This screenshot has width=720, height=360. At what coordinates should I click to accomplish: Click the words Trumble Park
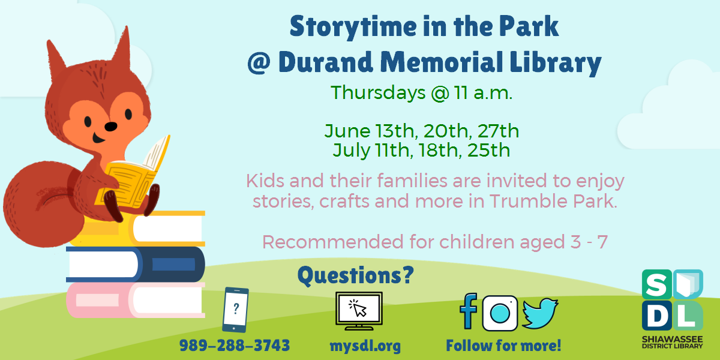(553, 201)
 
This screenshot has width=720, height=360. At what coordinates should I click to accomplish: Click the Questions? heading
(356, 275)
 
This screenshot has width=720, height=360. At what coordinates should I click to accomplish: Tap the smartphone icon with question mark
(235, 310)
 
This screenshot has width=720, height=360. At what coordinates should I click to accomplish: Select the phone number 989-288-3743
(235, 346)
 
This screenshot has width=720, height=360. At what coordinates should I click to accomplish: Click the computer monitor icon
(359, 311)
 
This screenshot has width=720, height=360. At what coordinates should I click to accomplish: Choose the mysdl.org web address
(365, 346)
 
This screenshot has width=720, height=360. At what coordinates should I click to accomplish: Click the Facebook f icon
(469, 312)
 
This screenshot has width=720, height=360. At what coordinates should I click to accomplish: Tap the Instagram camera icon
(500, 313)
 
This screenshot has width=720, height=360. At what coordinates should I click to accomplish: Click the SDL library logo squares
(672, 300)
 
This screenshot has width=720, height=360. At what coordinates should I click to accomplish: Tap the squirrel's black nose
(111, 127)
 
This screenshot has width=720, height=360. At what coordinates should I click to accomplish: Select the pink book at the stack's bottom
(136, 299)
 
